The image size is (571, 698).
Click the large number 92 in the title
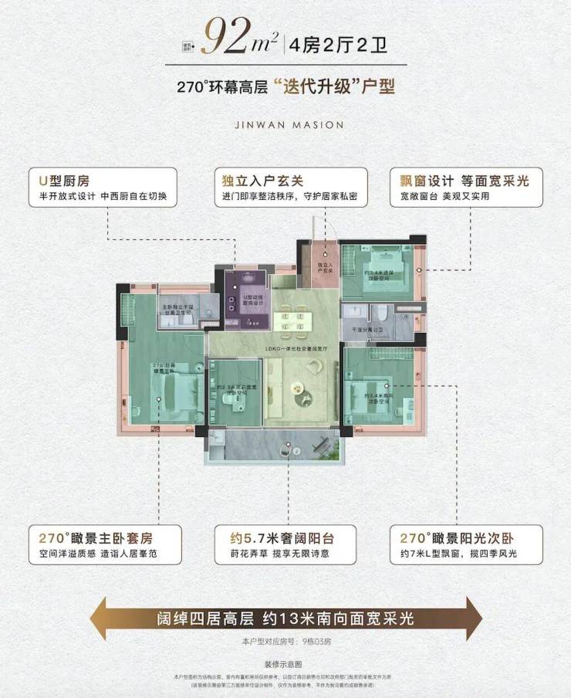click(x=227, y=36)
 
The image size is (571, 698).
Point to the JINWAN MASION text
click(x=286, y=124)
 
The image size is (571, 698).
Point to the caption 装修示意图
click(x=285, y=664)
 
